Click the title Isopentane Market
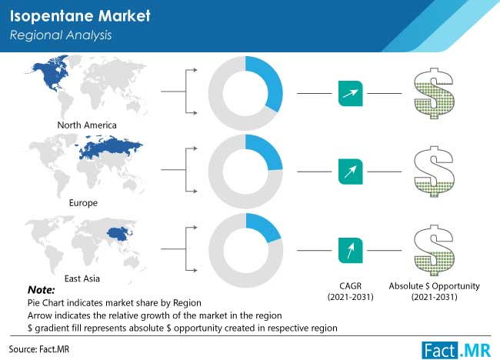click(x=80, y=16)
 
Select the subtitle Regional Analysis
click(x=61, y=35)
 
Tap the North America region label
click(x=87, y=125)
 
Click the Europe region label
click(x=83, y=203)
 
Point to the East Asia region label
click(x=82, y=278)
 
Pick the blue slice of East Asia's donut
click(x=265, y=227)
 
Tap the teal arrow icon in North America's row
click(x=351, y=93)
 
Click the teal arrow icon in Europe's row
click(x=351, y=172)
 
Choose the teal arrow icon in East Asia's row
click(x=351, y=250)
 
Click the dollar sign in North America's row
click(x=434, y=93)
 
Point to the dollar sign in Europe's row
click(x=434, y=172)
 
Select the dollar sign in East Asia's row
click(x=434, y=250)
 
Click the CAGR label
click(x=351, y=292)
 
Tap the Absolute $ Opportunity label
click(x=434, y=292)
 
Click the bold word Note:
click(x=41, y=290)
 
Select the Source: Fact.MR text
click(x=39, y=349)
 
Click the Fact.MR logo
click(x=456, y=351)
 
